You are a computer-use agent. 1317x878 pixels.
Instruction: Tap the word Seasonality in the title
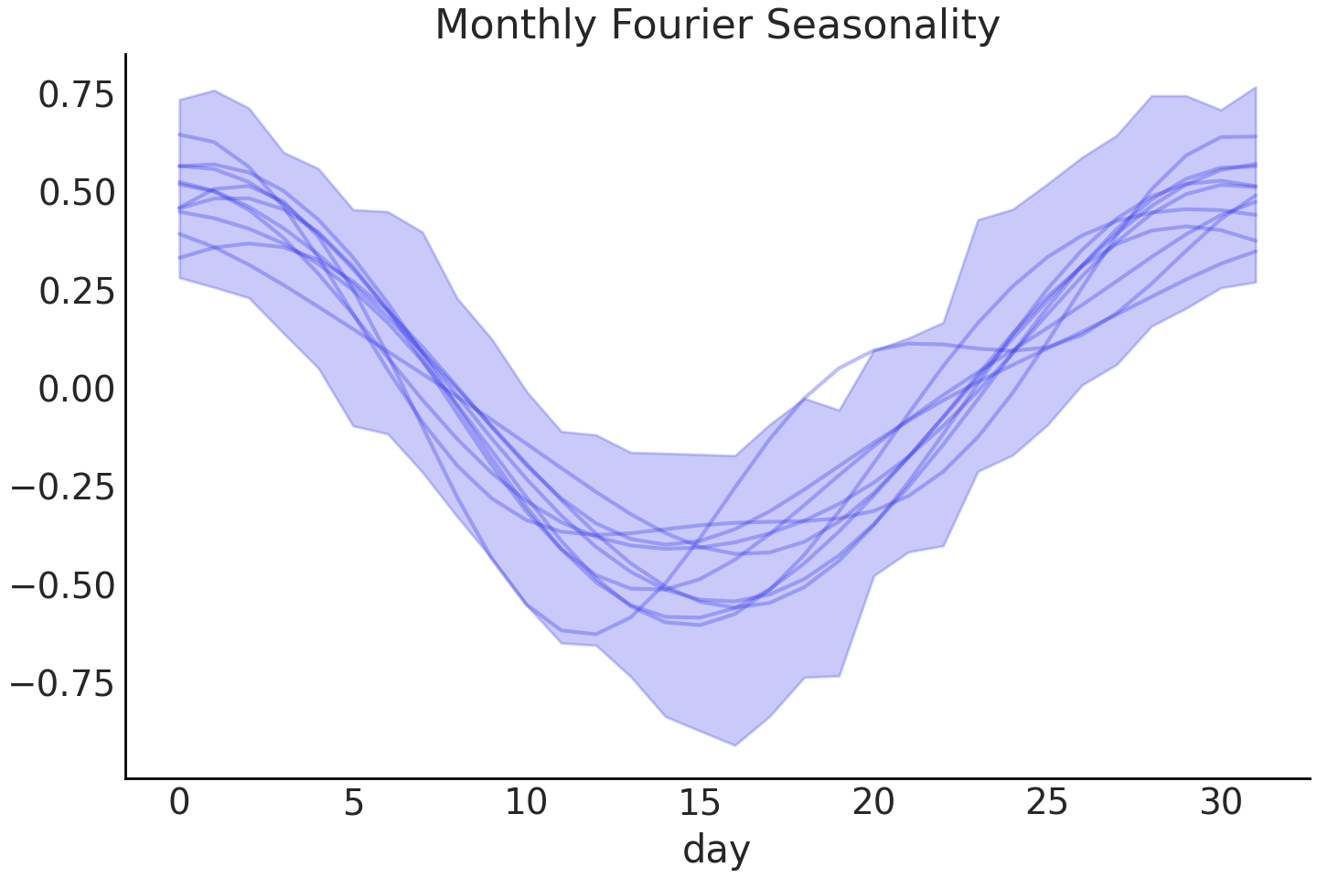tap(883, 25)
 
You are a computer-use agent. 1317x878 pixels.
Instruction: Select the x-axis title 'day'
tap(716, 849)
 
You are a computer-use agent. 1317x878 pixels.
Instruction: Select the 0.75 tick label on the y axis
tap(76, 95)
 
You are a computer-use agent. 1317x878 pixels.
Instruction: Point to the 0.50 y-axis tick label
tap(76, 193)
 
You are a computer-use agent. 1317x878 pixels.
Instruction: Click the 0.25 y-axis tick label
tap(76, 291)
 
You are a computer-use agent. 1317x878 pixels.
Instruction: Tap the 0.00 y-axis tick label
tap(76, 390)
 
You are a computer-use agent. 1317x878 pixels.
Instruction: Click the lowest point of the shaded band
tap(734, 744)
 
